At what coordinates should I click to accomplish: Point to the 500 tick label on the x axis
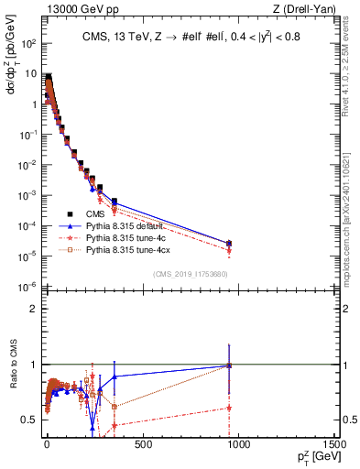[x=142, y=444]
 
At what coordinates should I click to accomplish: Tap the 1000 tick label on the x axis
[x=239, y=444]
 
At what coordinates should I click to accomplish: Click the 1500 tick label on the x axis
[x=333, y=444]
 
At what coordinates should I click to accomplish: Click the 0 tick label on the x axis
[x=47, y=444]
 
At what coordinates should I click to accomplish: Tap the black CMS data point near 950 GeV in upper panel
[x=229, y=244]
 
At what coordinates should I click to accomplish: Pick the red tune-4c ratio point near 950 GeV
[x=229, y=408]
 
